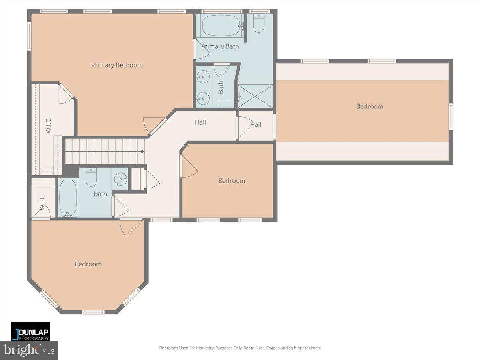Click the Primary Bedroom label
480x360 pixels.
117,65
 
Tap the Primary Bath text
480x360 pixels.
220,46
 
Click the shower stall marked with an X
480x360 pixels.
255,96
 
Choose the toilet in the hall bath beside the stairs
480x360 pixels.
92,178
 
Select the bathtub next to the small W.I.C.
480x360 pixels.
68,198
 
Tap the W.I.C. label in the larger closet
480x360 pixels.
48,125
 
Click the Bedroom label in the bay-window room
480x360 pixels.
88,264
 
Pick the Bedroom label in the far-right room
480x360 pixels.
370,106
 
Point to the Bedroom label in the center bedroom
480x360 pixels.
232,181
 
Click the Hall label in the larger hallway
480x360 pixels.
200,122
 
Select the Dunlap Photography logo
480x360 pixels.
30,331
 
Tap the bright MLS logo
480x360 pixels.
29,350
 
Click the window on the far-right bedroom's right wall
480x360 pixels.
451,116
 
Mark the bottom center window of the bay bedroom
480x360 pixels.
93,312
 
